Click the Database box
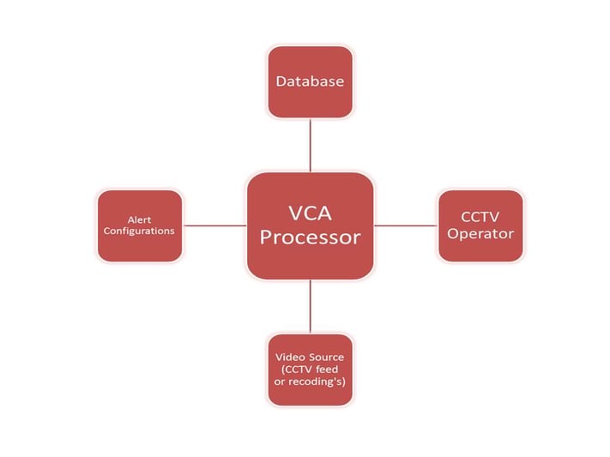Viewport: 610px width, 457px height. click(x=310, y=81)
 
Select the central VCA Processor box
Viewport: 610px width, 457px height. click(x=310, y=225)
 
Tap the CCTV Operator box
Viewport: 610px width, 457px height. click(x=480, y=225)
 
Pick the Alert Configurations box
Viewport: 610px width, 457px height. click(x=140, y=225)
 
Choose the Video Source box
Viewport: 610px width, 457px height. click(x=310, y=370)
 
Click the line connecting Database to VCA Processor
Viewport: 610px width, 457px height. click(x=310, y=145)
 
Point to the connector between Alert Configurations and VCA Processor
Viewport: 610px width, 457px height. click(x=214, y=225)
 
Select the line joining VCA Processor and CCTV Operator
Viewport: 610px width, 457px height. click(x=406, y=225)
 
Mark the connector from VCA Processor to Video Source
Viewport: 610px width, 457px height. click(x=310, y=306)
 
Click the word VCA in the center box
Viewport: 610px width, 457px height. click(x=310, y=213)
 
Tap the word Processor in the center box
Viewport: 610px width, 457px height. click(x=310, y=238)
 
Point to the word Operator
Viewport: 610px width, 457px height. click(x=480, y=234)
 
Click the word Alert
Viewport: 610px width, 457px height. click(x=139, y=219)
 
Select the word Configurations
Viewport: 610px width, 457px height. click(x=139, y=231)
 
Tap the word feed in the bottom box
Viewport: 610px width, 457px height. click(x=327, y=369)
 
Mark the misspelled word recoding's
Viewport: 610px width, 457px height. click(x=315, y=382)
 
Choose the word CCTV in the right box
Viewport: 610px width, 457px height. click(x=480, y=217)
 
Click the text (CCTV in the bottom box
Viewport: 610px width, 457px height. click(x=297, y=370)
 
